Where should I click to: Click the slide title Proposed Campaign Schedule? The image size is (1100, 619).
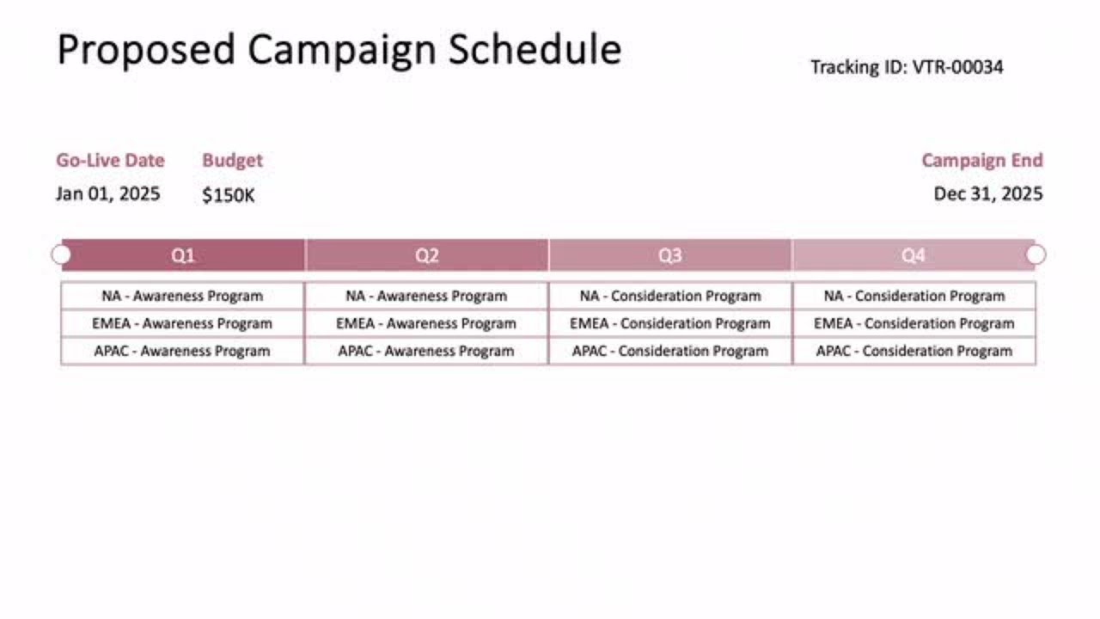coord(339,50)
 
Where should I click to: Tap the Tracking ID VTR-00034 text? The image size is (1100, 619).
coord(907,67)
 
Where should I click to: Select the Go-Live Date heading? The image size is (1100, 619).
coord(110,161)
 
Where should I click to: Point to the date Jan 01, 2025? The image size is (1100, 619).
coord(107,193)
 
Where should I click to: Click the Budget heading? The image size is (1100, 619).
coord(232,161)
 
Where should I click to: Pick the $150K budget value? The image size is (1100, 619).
coord(229,195)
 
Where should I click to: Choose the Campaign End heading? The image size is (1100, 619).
coord(981,161)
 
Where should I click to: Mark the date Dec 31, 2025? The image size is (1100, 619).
coord(988,193)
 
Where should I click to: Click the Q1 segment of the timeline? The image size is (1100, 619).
coord(183,255)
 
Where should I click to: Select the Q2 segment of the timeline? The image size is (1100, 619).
coord(427,255)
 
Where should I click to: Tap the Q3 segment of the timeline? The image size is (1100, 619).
coord(670,255)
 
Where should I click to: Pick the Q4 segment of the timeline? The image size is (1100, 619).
coord(913,255)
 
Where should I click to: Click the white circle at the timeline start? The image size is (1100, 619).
coord(61,254)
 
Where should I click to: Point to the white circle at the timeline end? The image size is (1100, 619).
coord(1036,254)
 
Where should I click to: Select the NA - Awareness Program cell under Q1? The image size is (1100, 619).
coord(182,296)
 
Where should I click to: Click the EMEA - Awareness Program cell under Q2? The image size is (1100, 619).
coord(426,323)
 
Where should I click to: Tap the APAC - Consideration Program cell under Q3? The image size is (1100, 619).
coord(670,351)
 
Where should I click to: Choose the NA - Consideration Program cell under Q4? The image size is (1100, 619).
coord(914,296)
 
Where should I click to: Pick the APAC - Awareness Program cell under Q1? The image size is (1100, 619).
coord(182,351)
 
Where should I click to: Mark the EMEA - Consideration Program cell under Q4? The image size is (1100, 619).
coord(914,323)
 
